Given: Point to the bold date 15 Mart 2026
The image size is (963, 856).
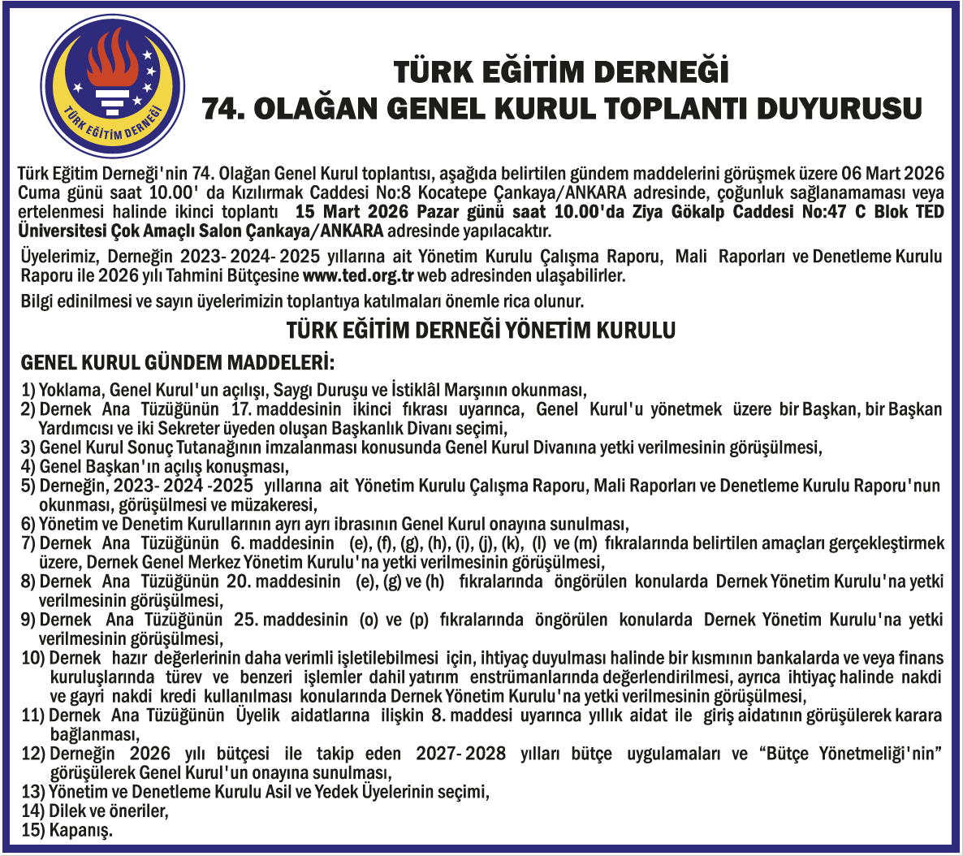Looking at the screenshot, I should (352, 212).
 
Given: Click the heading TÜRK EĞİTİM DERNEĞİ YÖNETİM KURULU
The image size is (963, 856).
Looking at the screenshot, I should (481, 331).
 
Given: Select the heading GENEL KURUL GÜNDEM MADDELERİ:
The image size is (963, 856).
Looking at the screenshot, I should (177, 361).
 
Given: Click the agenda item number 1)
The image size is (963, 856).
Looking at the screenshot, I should (28, 390).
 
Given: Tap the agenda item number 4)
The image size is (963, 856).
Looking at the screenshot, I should (28, 467).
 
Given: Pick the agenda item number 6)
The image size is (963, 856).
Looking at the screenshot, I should (28, 525).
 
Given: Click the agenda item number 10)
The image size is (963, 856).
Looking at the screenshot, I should (32, 658).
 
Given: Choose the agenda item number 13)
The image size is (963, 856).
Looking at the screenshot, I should (32, 792).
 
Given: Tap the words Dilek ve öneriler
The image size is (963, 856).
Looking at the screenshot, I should (108, 811).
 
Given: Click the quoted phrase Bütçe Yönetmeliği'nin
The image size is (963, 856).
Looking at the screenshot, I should (853, 754).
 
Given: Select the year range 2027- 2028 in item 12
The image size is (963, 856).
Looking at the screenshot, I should (460, 754).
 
